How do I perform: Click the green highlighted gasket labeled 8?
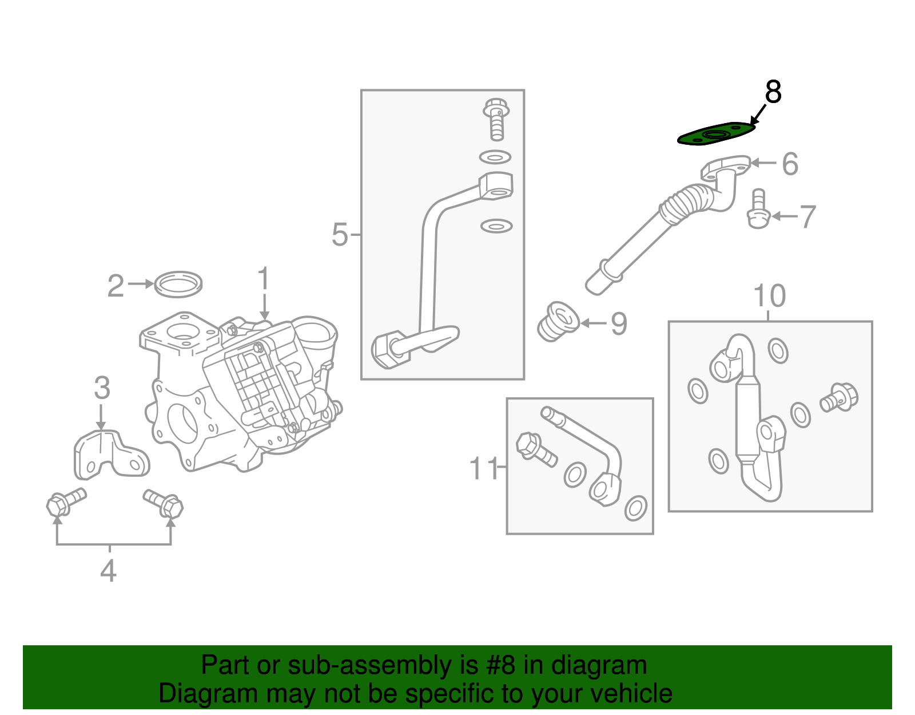click(716, 135)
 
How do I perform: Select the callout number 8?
click(773, 92)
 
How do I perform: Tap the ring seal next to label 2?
click(178, 284)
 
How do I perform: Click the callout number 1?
click(263, 280)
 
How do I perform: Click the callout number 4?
click(108, 571)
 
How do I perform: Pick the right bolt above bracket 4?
click(164, 502)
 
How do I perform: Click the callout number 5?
click(340, 235)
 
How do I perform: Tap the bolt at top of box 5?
click(496, 118)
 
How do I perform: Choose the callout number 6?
click(790, 164)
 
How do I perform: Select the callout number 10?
click(769, 296)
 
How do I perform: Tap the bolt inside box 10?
click(838, 397)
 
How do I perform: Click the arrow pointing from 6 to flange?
click(763, 163)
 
